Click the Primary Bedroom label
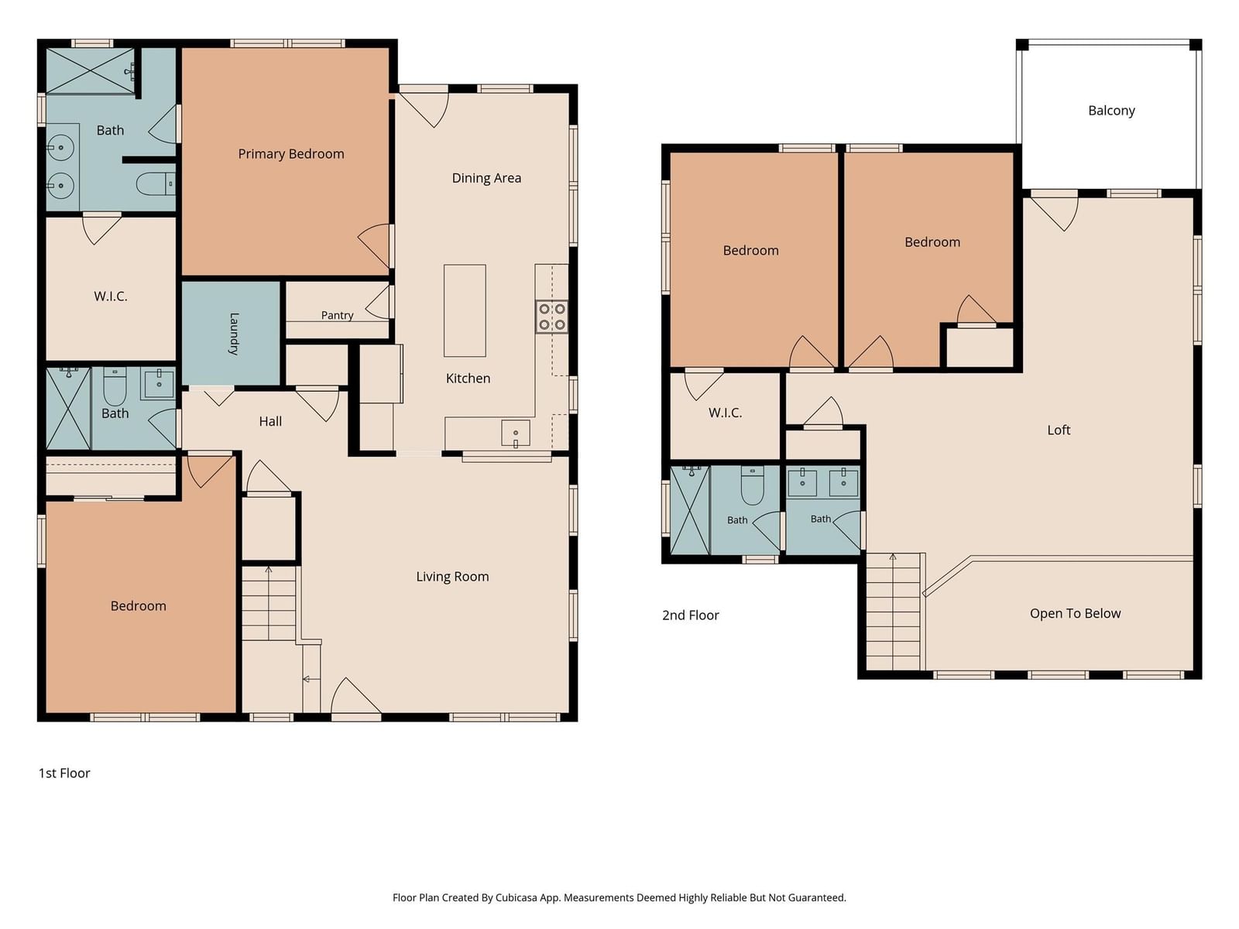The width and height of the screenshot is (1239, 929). tap(290, 154)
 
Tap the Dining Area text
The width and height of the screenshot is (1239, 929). tap(486, 178)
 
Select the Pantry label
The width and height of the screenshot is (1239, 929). tap(337, 315)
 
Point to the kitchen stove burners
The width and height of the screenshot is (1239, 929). tap(551, 317)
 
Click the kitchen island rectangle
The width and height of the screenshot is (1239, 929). tap(465, 310)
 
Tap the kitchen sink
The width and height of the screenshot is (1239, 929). tap(516, 434)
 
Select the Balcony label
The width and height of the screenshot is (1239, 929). tap(1111, 111)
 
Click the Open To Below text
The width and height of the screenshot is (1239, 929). tap(1075, 613)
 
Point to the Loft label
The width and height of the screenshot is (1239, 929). tap(1059, 430)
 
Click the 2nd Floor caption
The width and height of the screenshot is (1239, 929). tap(690, 615)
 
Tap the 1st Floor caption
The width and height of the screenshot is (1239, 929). tap(64, 773)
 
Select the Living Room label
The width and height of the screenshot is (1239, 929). tap(452, 577)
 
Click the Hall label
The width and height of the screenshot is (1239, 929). tap(270, 421)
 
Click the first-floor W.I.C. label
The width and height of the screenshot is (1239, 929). tap(111, 297)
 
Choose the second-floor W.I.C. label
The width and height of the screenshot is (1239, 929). tap(725, 413)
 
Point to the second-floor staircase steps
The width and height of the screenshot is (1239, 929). tap(893, 612)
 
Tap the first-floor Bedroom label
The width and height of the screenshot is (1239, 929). tap(139, 606)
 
